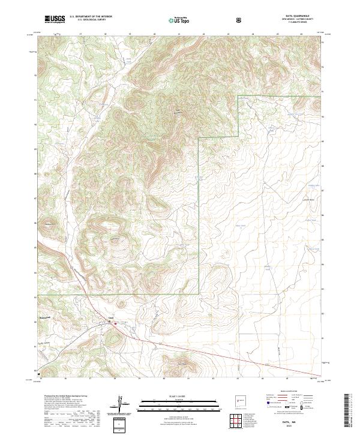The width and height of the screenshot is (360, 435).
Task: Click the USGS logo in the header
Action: (x=54, y=20)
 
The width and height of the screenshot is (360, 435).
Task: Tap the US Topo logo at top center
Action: (x=175, y=20)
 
